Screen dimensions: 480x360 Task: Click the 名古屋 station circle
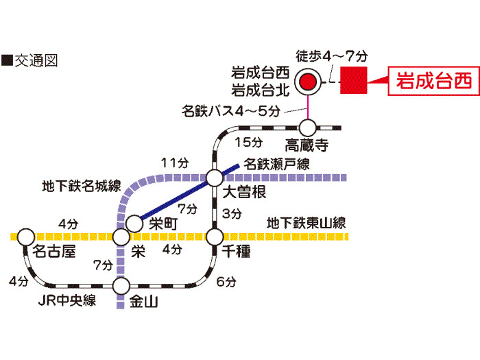(26, 237)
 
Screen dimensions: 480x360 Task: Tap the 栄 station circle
(121, 237)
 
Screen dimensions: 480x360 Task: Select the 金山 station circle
(121, 286)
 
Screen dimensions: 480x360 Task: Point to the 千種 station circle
(215, 237)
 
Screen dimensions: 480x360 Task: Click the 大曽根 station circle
(215, 178)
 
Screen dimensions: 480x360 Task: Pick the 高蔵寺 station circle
(307, 128)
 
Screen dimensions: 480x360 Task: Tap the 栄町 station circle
(134, 223)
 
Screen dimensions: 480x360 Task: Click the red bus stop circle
(308, 82)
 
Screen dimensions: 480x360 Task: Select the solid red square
(354, 80)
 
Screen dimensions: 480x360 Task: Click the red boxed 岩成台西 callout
(433, 81)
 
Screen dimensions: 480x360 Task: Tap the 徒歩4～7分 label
(331, 56)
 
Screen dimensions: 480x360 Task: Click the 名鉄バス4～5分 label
(231, 110)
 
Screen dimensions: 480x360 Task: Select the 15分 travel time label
(248, 143)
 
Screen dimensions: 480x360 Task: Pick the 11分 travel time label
(175, 163)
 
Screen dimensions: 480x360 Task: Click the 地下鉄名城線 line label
(82, 186)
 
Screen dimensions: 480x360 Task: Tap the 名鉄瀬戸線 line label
(277, 164)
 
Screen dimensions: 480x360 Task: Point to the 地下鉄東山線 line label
(306, 223)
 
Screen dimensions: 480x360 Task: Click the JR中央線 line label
(67, 300)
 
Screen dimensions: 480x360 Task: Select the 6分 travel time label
(226, 282)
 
